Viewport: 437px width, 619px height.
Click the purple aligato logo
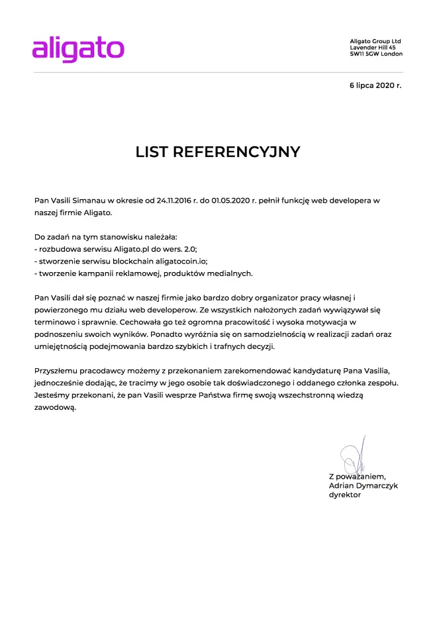78,48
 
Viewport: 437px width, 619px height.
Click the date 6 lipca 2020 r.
375,86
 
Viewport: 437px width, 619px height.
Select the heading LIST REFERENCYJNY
218,152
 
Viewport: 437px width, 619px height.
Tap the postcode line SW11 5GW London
375,54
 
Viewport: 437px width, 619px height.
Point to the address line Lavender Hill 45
373,48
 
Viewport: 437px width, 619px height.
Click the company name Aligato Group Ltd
375,41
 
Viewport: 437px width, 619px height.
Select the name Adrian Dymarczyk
363,485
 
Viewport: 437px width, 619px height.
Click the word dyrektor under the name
344,495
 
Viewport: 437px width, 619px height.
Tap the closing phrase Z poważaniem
357,476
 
